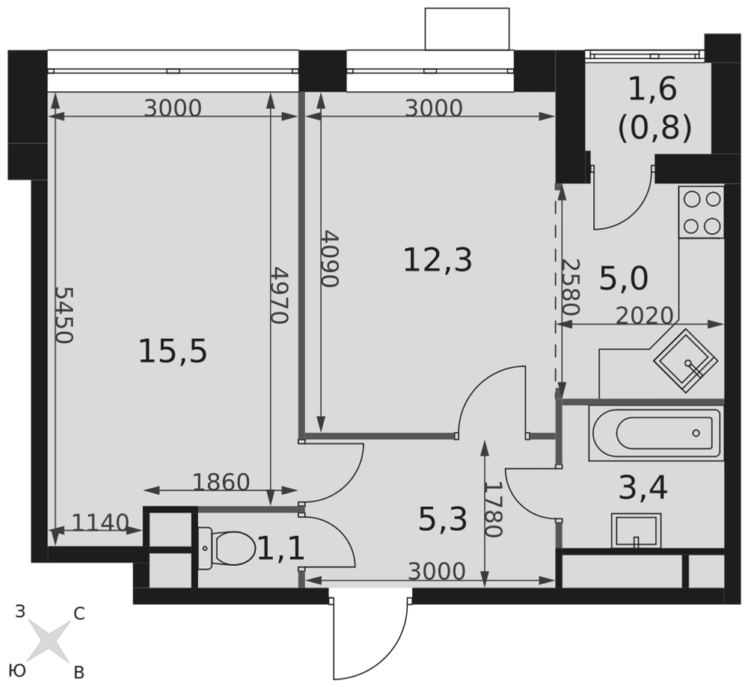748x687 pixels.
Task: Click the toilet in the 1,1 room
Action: pyautogui.click(x=225, y=548)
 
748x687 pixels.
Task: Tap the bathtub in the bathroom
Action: pyautogui.click(x=656, y=433)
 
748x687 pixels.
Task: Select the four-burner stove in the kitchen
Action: pyautogui.click(x=702, y=212)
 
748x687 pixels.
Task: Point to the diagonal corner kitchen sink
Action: pyautogui.click(x=685, y=361)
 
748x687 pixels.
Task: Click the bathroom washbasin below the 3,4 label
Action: pyautogui.click(x=636, y=531)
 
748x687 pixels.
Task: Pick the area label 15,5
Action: pyautogui.click(x=173, y=352)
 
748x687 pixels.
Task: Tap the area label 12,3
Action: pyautogui.click(x=438, y=261)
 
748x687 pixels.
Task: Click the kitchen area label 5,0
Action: pyautogui.click(x=623, y=279)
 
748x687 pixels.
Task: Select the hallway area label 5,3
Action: pyautogui.click(x=442, y=520)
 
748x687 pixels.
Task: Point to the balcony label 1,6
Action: pyautogui.click(x=652, y=89)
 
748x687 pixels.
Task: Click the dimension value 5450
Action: pyautogui.click(x=64, y=315)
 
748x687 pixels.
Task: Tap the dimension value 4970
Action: pyautogui.click(x=280, y=295)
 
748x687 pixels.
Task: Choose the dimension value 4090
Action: pyautogui.click(x=329, y=259)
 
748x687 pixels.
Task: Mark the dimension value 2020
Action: pyautogui.click(x=645, y=315)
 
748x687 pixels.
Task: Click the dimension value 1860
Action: pyautogui.click(x=221, y=482)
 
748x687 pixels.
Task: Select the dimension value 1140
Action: pyautogui.click(x=100, y=523)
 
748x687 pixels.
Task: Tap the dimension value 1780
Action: pyautogui.click(x=494, y=509)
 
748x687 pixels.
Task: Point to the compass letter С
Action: pyautogui.click(x=79, y=614)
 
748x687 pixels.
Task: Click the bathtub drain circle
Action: pyautogui.click(x=696, y=433)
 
